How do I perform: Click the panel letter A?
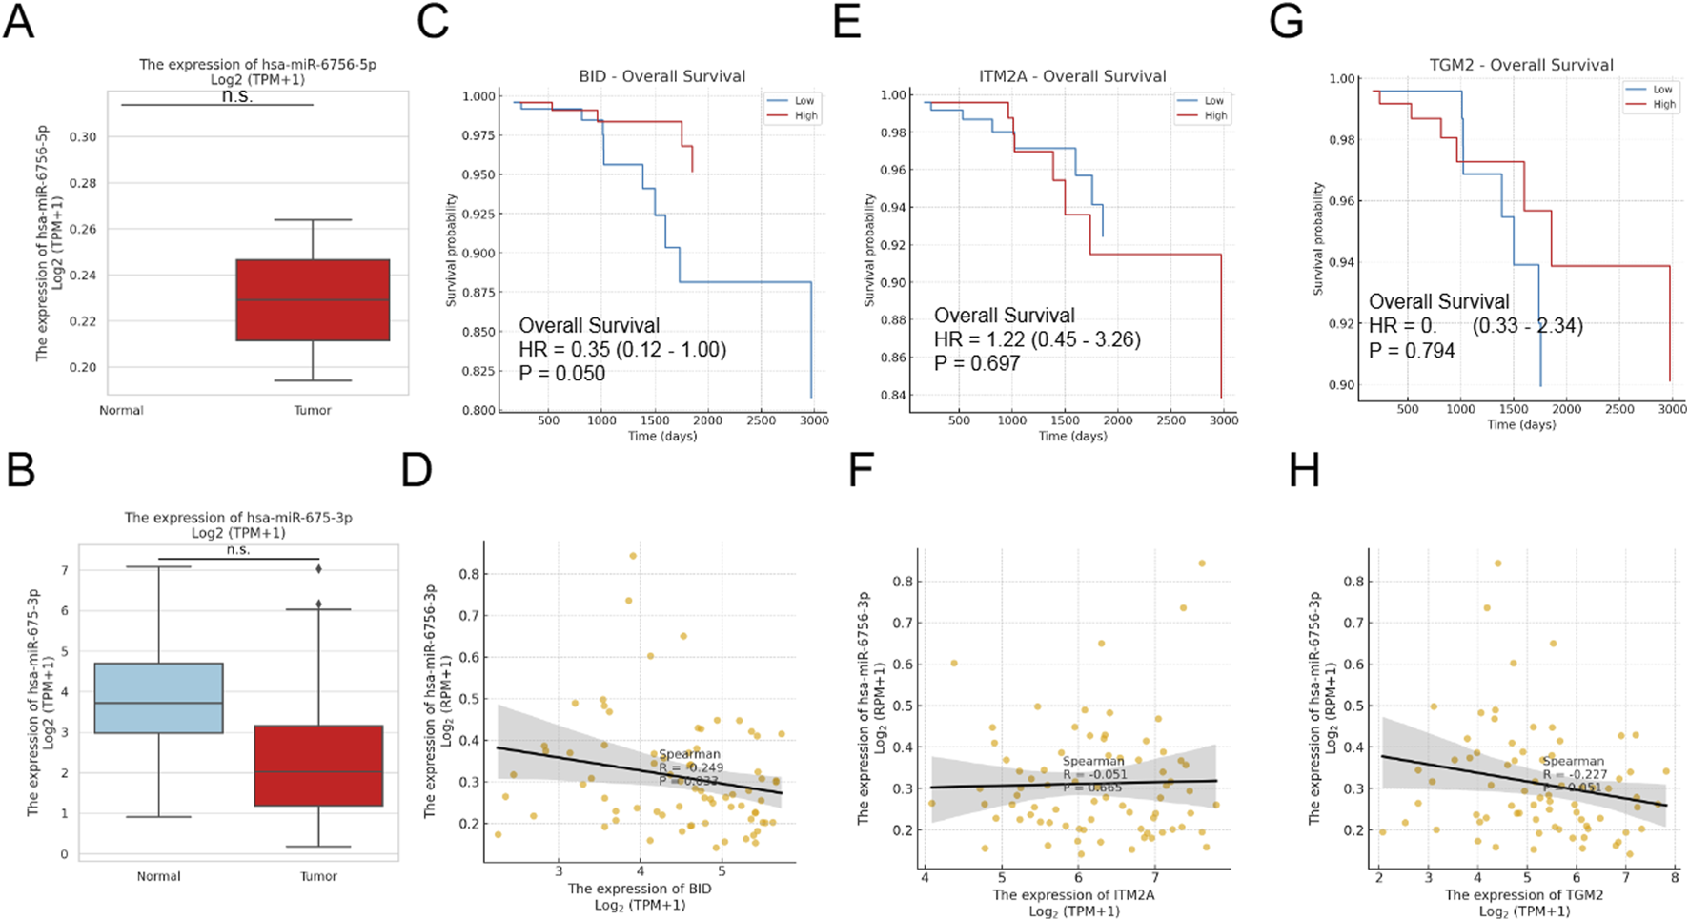click(x=19, y=21)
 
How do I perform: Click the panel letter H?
click(x=1304, y=470)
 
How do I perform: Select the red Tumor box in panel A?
click(x=313, y=299)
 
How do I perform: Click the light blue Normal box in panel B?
click(x=159, y=698)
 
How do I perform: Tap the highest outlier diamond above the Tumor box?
click(x=319, y=569)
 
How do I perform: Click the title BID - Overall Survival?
click(x=661, y=76)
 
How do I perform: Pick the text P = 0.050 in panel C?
click(x=561, y=374)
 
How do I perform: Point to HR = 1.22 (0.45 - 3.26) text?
click(x=1036, y=339)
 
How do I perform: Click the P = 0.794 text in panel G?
click(x=1412, y=351)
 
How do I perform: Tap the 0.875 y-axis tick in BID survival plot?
click(x=478, y=293)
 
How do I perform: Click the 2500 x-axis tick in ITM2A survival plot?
click(x=1170, y=420)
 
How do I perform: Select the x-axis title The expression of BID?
click(x=640, y=889)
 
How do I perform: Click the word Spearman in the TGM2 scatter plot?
click(x=1573, y=761)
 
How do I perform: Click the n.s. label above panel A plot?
click(x=236, y=96)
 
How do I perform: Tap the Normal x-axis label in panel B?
click(x=158, y=876)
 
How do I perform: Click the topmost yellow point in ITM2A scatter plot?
click(x=1202, y=563)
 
